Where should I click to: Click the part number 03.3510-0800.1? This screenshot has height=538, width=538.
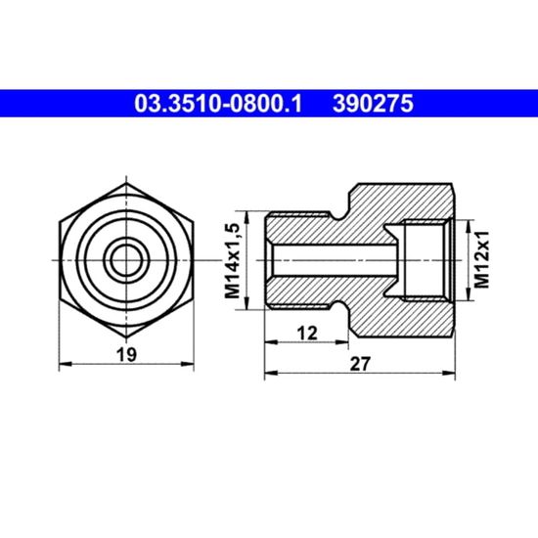[x=218, y=104]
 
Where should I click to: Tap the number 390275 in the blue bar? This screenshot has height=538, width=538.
[x=373, y=104]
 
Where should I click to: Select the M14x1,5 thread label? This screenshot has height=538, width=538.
[x=232, y=260]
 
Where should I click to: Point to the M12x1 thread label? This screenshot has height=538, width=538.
[x=481, y=260]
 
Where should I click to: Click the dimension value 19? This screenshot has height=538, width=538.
[x=126, y=354]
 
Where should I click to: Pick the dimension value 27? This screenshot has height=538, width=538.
[x=360, y=364]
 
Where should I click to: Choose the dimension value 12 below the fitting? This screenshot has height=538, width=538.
[x=307, y=334]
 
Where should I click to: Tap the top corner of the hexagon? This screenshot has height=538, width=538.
[x=126, y=183]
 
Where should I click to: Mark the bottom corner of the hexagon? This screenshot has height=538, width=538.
[x=126, y=337]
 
